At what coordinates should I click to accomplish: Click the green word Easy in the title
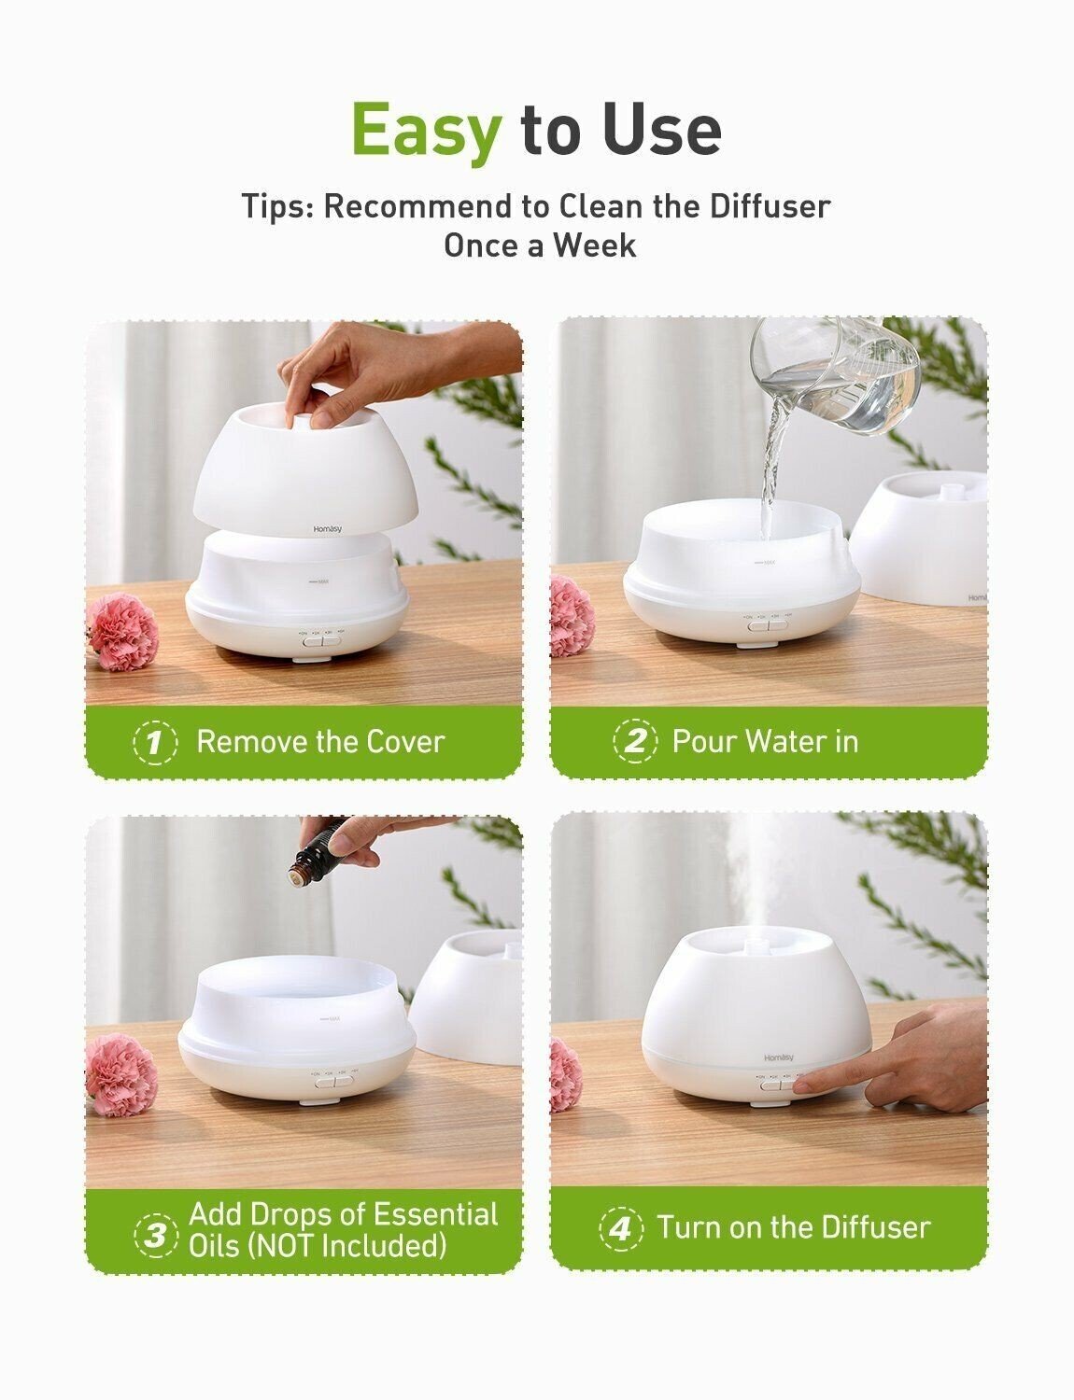tap(426, 130)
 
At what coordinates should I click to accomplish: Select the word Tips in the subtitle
tap(276, 206)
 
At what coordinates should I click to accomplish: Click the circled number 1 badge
tap(155, 743)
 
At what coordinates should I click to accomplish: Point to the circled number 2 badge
tap(635, 742)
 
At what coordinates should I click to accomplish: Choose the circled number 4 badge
tap(620, 1227)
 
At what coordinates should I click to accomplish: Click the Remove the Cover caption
tap(320, 742)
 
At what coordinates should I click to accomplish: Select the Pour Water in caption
tap(765, 742)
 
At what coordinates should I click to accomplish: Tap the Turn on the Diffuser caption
tap(794, 1227)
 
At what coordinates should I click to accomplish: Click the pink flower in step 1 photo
tap(122, 632)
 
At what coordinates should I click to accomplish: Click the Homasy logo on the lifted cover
tap(327, 529)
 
